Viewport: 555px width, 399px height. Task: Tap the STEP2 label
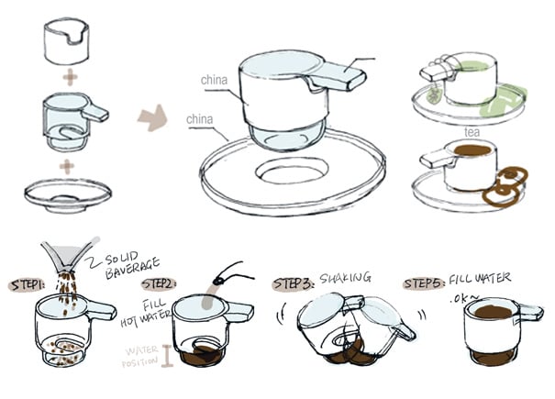[x=160, y=284]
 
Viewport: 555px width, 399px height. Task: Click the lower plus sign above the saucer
[x=67, y=167]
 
